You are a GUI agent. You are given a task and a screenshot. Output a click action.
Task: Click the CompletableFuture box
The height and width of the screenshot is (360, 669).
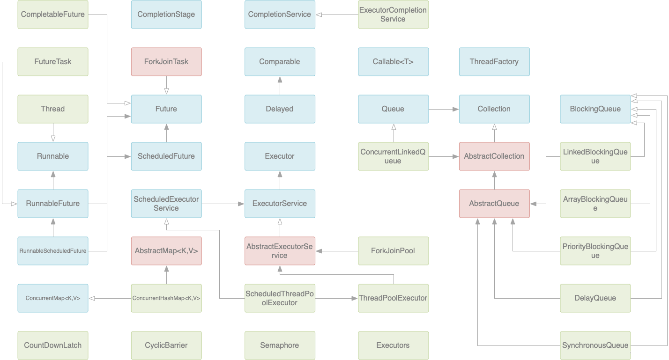click(x=52, y=15)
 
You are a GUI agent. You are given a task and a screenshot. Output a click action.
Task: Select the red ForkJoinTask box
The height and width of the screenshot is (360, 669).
click(x=166, y=62)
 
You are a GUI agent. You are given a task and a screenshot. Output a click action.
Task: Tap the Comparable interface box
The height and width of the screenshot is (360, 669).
click(x=280, y=62)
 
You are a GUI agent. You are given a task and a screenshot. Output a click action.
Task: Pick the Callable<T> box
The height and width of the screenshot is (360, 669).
click(x=393, y=62)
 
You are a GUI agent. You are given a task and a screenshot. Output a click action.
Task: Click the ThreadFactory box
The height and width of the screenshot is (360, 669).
click(x=494, y=62)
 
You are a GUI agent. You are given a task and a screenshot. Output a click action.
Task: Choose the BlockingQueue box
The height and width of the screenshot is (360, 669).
click(x=595, y=109)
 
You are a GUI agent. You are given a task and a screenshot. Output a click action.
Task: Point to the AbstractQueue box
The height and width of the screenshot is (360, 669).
click(x=494, y=204)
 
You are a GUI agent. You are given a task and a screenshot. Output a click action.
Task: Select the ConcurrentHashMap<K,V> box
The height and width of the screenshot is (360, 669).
click(x=166, y=298)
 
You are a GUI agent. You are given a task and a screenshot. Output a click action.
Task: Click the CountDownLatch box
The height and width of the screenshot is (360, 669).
click(x=52, y=345)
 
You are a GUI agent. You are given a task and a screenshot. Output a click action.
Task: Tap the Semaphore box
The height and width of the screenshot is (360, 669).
click(x=280, y=345)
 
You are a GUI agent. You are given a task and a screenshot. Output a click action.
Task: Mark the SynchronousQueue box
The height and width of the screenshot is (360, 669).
click(x=595, y=345)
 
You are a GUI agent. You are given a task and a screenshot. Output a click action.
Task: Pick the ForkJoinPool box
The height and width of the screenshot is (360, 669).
click(x=393, y=251)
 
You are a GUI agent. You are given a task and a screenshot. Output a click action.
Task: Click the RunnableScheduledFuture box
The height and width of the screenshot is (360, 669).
click(x=52, y=251)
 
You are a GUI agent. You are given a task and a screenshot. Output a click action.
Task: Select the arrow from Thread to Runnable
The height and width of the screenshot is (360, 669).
click(x=53, y=133)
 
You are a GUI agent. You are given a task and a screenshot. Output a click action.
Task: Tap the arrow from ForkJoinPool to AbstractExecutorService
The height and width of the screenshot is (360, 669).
click(x=337, y=251)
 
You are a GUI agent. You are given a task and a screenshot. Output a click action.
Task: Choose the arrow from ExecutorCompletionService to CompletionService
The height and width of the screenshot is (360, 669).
click(x=337, y=15)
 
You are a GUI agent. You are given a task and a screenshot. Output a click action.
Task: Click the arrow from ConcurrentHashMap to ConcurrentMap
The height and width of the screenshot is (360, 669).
click(x=110, y=298)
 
